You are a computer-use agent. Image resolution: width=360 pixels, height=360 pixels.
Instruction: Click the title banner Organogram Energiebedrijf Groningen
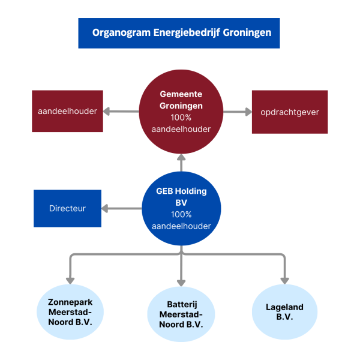pyautogui.click(x=179, y=32)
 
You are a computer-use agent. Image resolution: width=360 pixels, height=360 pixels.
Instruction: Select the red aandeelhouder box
pyautogui.click(x=67, y=111)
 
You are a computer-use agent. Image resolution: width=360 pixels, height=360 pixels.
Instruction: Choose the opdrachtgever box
pyautogui.click(x=290, y=112)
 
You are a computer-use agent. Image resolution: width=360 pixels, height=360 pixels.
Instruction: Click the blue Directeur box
pyautogui.click(x=67, y=208)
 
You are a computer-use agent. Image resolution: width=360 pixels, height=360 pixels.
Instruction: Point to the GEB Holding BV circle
pyautogui.click(x=181, y=208)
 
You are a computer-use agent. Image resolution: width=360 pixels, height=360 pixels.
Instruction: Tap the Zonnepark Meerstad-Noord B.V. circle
pyautogui.click(x=70, y=311)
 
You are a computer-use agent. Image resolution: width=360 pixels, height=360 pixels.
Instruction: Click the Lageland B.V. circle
pyautogui.click(x=284, y=311)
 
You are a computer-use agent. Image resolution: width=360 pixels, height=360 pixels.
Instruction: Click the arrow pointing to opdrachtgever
pyautogui.click(x=237, y=111)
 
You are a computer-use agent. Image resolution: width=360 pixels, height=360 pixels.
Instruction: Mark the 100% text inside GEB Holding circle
pyautogui.click(x=181, y=214)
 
